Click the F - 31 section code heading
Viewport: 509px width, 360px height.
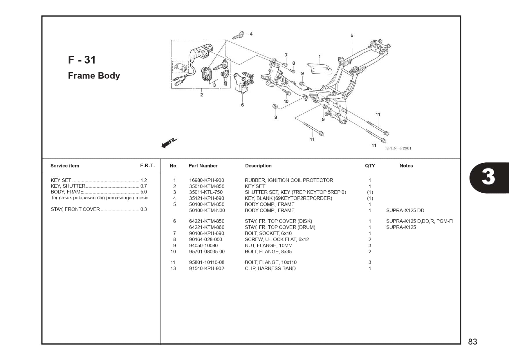82,60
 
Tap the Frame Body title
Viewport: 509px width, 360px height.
94,75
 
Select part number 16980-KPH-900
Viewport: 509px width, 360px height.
206,180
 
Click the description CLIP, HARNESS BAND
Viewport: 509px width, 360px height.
270,268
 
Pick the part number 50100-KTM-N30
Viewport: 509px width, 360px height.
207,210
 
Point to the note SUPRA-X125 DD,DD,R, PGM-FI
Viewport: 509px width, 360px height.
419,221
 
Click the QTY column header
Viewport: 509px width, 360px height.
370,166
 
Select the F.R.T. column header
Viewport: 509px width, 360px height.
147,165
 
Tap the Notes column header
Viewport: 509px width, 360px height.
406,166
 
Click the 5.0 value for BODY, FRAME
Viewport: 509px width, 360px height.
143,192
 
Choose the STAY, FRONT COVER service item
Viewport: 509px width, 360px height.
75,209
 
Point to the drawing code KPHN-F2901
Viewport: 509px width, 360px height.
398,148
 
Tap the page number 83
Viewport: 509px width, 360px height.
472,341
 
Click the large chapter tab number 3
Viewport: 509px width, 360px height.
488,177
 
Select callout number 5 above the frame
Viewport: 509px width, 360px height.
352,35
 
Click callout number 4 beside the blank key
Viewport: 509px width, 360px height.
251,34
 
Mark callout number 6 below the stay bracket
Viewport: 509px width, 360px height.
242,105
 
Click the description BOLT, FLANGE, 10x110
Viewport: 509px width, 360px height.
270,262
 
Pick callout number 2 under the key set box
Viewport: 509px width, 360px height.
201,95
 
